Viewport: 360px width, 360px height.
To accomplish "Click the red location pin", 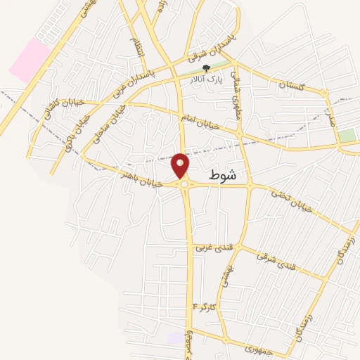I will pos(181,166).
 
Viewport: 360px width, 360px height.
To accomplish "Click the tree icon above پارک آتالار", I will pos(205,68).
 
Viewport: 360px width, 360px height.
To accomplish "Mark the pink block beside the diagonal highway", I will pos(29,59).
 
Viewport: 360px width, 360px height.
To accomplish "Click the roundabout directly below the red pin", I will pos(184,184).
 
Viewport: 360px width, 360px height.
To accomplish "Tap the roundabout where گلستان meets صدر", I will pos(325,93).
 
